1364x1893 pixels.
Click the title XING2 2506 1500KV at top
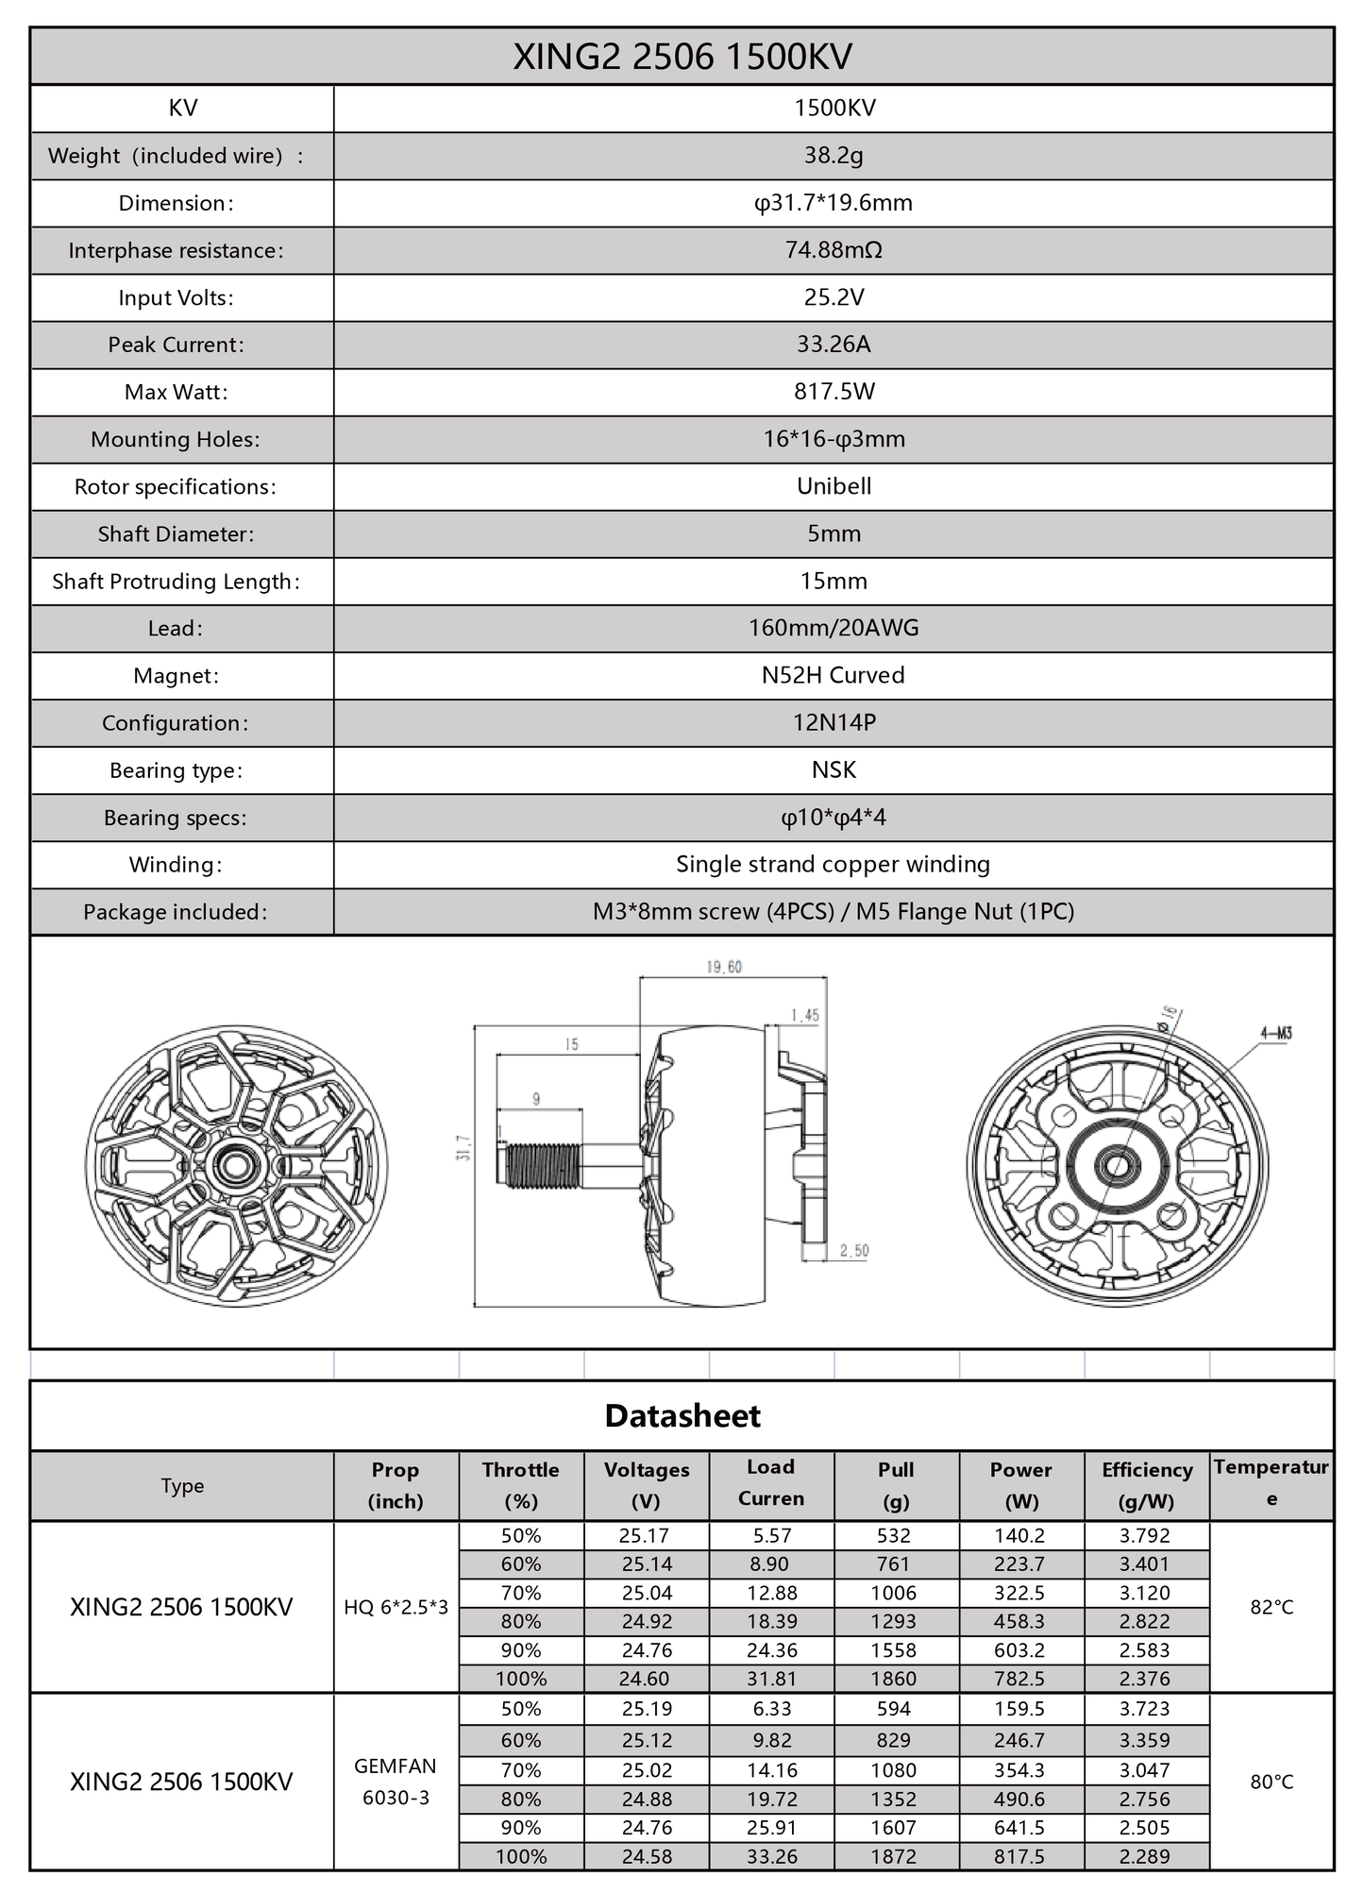682,58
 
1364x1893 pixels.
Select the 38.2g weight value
834,156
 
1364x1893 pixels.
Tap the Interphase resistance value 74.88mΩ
834,250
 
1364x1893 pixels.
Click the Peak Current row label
176,345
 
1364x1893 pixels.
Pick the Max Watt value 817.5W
834,392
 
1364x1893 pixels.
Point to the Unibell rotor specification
834,486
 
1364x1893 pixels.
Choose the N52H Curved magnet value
834,675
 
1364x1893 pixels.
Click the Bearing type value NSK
834,769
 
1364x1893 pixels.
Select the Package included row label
176,912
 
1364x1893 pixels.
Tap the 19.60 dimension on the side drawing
724,967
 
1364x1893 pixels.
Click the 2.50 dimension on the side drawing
853,1250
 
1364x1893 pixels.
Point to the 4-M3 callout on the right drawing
1275,1033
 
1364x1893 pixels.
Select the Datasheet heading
682,1415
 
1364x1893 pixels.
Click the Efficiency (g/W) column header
1146,1485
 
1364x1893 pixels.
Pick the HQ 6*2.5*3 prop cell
396,1607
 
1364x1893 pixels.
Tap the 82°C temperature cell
1271,1607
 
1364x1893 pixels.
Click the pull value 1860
894,1679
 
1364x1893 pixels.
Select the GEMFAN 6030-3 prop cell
396,1782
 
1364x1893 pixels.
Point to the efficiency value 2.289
1145,1856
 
